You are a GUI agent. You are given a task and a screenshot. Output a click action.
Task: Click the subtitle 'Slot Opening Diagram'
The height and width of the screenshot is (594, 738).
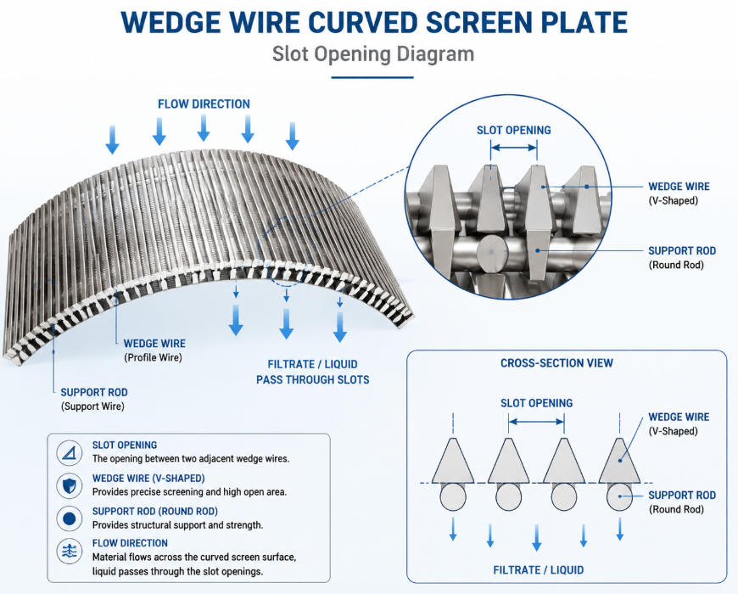tap(372, 54)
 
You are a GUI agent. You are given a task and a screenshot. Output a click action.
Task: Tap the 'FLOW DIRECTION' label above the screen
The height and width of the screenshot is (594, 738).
tap(204, 104)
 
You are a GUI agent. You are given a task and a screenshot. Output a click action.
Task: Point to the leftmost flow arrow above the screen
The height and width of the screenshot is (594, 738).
tap(113, 139)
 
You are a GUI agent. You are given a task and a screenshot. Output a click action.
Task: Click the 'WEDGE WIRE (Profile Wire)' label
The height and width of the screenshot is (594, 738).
tap(154, 350)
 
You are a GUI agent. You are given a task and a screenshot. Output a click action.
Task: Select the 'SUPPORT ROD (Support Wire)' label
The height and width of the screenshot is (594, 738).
tap(94, 400)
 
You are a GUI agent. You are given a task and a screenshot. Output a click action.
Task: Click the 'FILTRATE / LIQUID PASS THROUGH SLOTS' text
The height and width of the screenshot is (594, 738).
tap(312, 372)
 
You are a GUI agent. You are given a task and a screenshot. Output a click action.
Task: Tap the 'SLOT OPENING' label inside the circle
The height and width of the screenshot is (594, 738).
tap(513, 131)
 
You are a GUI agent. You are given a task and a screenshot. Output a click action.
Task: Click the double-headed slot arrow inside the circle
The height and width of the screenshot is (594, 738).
tap(513, 148)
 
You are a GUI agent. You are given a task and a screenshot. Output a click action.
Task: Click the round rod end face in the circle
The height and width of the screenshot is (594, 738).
tap(492, 252)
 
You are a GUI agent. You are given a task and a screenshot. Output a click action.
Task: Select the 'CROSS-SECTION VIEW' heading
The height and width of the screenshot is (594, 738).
tap(556, 363)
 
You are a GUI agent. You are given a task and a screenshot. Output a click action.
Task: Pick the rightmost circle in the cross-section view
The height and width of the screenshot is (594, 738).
tap(619, 497)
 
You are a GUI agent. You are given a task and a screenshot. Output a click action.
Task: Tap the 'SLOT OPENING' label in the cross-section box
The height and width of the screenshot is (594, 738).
tap(537, 403)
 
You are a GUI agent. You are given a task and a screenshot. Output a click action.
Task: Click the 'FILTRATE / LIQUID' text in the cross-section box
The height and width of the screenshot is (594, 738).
tap(539, 570)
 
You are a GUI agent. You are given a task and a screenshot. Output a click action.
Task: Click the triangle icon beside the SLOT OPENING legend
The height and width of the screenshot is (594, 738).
tap(70, 453)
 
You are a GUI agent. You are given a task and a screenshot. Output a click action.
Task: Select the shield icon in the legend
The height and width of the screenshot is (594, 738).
tap(70, 485)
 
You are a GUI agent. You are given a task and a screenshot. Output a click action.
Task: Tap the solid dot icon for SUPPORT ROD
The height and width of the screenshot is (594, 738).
tap(70, 518)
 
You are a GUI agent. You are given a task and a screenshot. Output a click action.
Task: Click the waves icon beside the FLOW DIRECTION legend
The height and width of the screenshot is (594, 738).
tap(70, 551)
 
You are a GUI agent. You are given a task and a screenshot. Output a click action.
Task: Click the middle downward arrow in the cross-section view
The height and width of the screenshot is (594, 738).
tap(537, 537)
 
